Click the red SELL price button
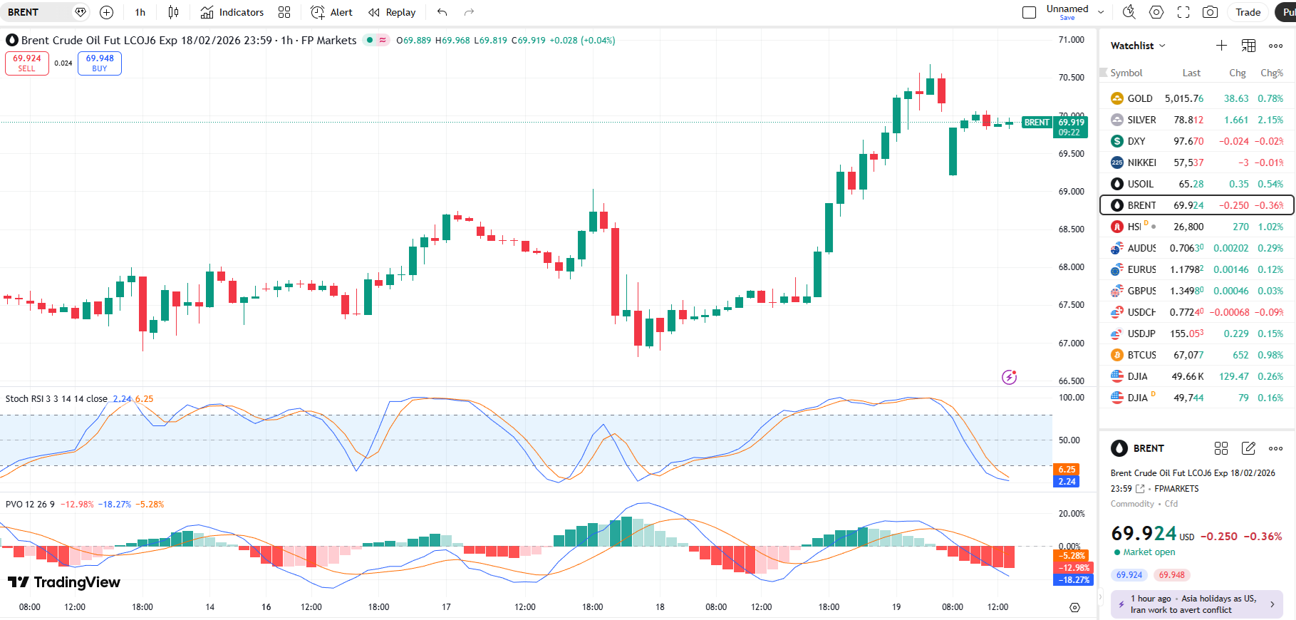27,63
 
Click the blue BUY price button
100,63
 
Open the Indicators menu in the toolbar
232,12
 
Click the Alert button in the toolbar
332,12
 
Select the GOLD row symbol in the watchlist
1139,98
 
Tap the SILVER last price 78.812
1188,120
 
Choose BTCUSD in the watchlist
1141,355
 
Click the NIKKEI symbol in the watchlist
1141,162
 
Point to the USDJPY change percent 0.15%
1270,334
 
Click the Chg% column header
1271,73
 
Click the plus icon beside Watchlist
1221,46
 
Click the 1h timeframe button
140,12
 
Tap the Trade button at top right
1248,12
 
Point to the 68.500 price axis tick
1071,229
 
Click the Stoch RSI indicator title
56,399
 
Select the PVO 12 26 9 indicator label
30,505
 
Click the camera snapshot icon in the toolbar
1210,12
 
